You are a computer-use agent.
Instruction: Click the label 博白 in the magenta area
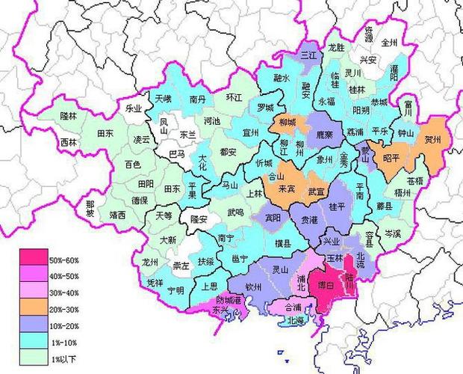point(326,285)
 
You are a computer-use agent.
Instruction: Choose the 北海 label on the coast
point(296,322)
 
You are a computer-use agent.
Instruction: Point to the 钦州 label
point(255,286)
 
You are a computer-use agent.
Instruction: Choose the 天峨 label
point(163,99)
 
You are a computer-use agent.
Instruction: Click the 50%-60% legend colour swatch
point(33,260)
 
